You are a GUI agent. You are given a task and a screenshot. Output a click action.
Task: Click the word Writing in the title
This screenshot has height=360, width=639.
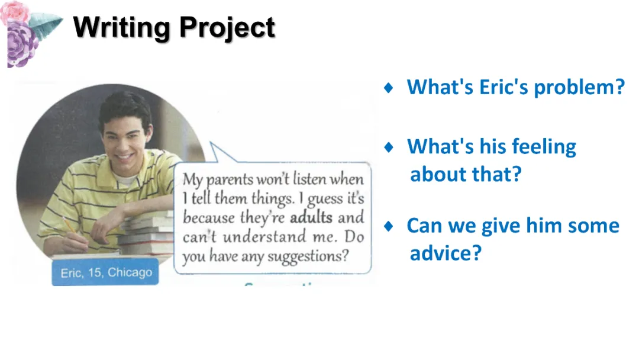click(121, 28)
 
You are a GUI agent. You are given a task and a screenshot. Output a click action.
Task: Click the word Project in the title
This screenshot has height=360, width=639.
click(227, 28)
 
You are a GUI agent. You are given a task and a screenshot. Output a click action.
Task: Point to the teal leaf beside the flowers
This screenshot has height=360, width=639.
click(46, 24)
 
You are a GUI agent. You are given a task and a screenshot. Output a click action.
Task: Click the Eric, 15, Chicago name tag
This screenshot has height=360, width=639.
click(105, 272)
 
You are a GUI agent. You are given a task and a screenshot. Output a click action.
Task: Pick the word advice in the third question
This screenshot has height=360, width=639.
click(446, 253)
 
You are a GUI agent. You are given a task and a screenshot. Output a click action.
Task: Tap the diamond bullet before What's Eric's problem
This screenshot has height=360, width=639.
click(388, 87)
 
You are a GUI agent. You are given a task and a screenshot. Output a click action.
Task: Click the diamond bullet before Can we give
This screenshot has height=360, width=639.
click(388, 226)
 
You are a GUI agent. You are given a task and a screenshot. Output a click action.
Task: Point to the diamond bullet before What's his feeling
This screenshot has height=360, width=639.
click(388, 147)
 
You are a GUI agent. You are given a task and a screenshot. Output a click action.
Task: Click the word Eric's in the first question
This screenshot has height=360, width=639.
click(504, 87)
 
